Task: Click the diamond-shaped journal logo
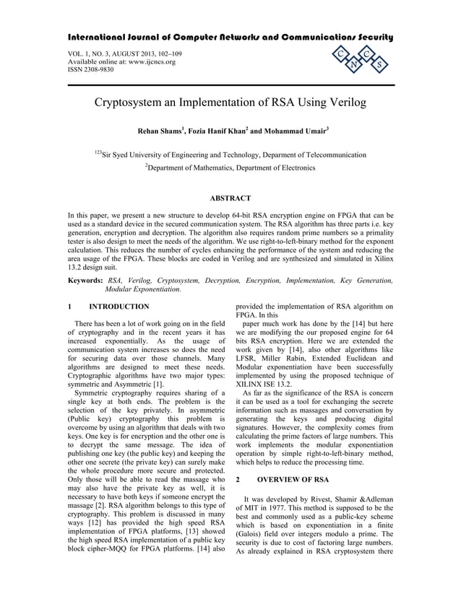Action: (358, 61)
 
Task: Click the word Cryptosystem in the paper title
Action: (136, 102)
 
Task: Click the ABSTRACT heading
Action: (230, 198)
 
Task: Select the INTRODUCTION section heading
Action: (119, 306)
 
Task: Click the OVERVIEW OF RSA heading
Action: (301, 478)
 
